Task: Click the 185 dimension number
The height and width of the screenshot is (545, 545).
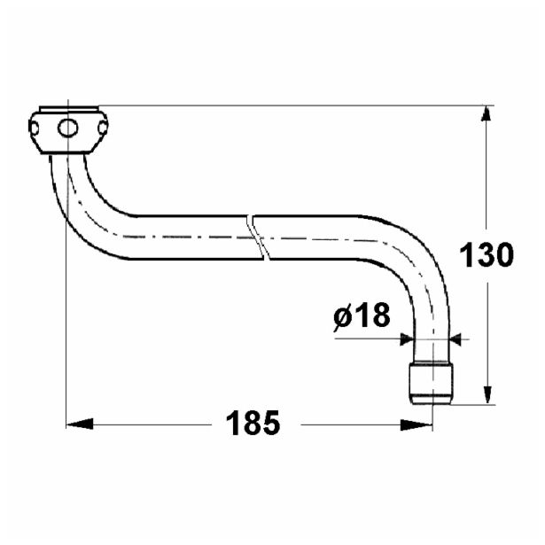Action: click(253, 423)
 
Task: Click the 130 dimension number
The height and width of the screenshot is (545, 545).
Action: click(487, 255)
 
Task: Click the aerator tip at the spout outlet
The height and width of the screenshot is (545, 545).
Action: click(432, 382)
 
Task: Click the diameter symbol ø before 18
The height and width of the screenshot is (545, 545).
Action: click(344, 315)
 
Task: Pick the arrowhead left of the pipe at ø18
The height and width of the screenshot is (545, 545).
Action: click(407, 338)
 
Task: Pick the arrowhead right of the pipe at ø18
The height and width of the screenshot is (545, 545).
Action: click(459, 338)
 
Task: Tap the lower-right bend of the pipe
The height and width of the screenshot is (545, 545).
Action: click(417, 257)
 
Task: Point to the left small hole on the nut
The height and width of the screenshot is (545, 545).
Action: click(36, 129)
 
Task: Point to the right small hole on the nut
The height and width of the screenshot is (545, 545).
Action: click(102, 129)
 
